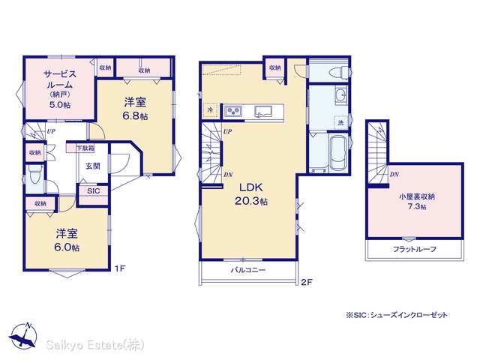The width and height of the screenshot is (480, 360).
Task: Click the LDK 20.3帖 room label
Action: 251,193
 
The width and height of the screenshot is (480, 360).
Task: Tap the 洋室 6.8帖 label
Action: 135,109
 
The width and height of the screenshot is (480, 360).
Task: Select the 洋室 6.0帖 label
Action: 67,240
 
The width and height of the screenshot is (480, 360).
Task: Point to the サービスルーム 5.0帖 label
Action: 60,89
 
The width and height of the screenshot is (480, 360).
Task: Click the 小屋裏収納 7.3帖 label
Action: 417,202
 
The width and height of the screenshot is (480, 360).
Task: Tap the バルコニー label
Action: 248,270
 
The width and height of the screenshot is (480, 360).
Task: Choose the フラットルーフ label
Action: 415,249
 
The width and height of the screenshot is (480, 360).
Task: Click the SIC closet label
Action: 93,191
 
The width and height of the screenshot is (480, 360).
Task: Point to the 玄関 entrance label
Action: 93,166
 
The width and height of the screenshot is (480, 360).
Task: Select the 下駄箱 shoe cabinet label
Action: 85,148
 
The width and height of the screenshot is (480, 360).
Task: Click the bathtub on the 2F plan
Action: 338,153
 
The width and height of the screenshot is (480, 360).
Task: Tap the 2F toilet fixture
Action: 339,73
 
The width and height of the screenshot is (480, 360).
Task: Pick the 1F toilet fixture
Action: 35,175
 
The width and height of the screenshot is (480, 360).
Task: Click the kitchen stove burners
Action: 233,111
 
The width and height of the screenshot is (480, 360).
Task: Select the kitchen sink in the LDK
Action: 263,112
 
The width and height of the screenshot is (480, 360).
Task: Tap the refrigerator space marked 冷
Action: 210,109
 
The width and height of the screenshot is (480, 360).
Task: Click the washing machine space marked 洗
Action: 340,123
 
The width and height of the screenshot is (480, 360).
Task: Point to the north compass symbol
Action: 23,336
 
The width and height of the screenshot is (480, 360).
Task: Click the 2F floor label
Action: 307,282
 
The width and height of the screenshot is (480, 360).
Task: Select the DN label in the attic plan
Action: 394,175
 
